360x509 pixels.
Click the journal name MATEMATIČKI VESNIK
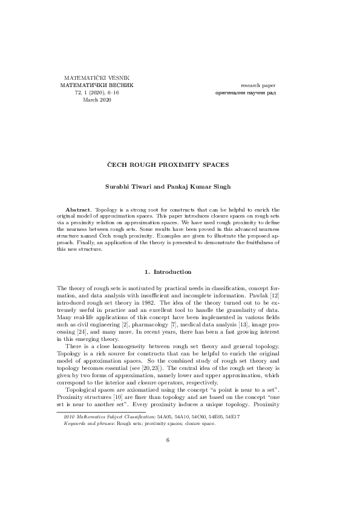point(96,78)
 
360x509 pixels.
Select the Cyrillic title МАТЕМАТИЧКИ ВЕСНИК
point(96,85)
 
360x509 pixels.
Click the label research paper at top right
point(258,85)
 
